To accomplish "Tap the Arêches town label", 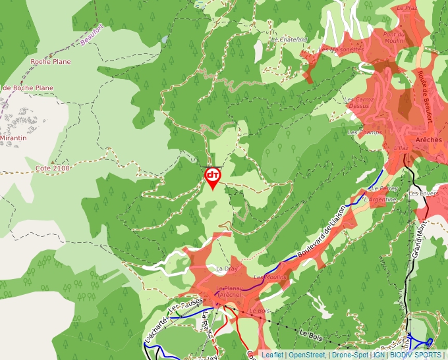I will pyautogui.click(x=428, y=140).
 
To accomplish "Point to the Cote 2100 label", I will pyautogui.click(x=53, y=168).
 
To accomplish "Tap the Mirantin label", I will pyautogui.click(x=13, y=138).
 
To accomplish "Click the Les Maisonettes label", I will pyautogui.click(x=341, y=49).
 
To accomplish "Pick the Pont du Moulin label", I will pyautogui.click(x=394, y=38).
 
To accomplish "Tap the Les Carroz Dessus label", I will pyautogui.click(x=359, y=103).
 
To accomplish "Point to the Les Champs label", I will pyautogui.click(x=364, y=132).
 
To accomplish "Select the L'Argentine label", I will pyautogui.click(x=380, y=199).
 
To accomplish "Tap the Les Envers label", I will pyautogui.click(x=423, y=194).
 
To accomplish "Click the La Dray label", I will pyautogui.click(x=226, y=269).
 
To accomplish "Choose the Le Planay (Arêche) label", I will pyautogui.click(x=229, y=292).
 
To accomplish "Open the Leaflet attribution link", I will pyautogui.click(x=272, y=355).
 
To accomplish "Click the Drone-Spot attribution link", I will pyautogui.click(x=350, y=355).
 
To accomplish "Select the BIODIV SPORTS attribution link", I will pyautogui.click(x=416, y=355).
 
